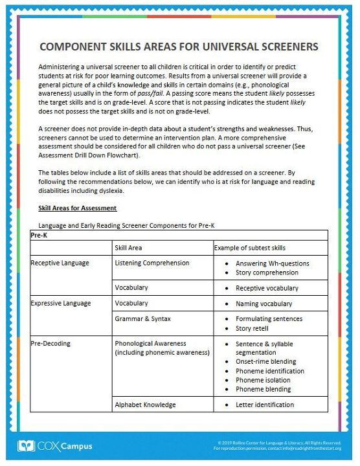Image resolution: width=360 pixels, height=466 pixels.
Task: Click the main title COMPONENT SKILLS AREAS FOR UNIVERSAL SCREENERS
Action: pyautogui.click(x=179, y=47)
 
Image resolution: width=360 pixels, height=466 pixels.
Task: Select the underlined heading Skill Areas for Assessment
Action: pyautogui.click(x=78, y=208)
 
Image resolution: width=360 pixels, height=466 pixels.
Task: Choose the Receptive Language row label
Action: pyautogui.click(x=60, y=263)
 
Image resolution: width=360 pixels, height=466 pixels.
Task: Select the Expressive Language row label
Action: pyautogui.click(x=61, y=304)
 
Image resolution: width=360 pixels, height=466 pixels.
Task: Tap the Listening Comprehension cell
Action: pyautogui.click(x=152, y=263)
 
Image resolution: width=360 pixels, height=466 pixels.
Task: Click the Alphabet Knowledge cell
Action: pyautogui.click(x=145, y=405)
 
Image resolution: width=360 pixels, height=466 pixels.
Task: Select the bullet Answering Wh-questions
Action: pyautogui.click(x=272, y=263)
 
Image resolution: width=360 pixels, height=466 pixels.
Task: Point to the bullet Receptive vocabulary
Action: pyautogui.click(x=267, y=288)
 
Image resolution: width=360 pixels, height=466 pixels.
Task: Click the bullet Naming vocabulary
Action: pyautogui.click(x=264, y=304)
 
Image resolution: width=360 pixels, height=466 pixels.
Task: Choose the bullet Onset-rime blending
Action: pyautogui.click(x=265, y=362)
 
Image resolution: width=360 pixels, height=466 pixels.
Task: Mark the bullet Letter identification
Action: pyautogui.click(x=264, y=405)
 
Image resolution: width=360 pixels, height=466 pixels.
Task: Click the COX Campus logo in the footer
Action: pyautogui.click(x=55, y=446)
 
